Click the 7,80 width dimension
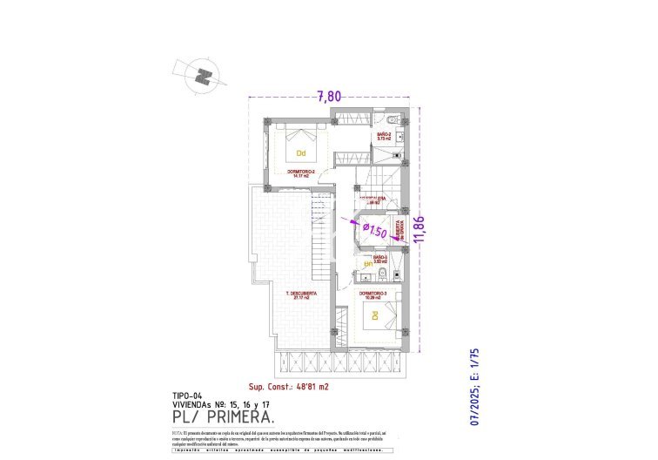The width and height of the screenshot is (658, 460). (x=328, y=97)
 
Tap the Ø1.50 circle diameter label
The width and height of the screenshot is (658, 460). (x=374, y=231)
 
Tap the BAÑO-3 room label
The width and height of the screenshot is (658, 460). (x=380, y=259)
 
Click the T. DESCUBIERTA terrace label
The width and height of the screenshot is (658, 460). (x=301, y=294)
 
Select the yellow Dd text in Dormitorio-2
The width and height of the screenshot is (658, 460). (x=302, y=155)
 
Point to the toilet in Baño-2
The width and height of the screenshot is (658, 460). (x=393, y=119)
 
